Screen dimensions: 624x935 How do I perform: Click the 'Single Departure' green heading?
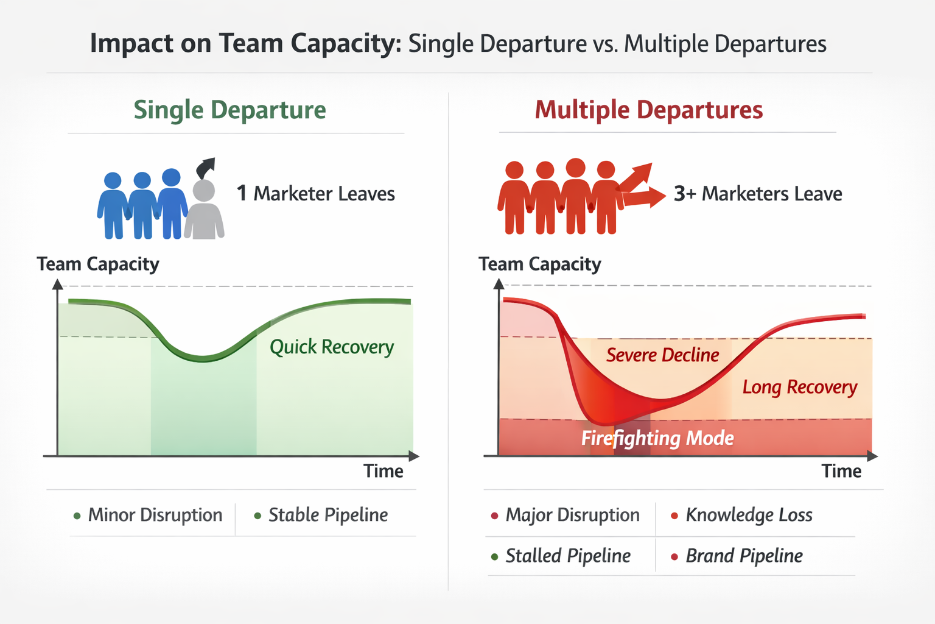tap(229, 110)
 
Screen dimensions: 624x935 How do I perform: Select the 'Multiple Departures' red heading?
tap(648, 110)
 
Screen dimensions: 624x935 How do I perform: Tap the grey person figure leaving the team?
tap(204, 210)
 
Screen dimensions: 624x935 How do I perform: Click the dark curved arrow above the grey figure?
tap(205, 167)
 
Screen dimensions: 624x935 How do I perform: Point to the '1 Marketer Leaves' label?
tap(315, 194)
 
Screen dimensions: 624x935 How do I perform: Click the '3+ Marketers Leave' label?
tap(758, 194)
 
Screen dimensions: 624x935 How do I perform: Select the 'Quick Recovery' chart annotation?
tap(332, 347)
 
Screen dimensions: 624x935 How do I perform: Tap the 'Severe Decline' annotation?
tap(662, 355)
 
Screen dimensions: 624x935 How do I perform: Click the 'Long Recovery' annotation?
tap(799, 387)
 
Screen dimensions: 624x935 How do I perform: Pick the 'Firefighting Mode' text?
tap(657, 438)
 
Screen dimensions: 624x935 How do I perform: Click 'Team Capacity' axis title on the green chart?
tap(98, 264)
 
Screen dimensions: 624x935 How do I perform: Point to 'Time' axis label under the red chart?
tap(841, 471)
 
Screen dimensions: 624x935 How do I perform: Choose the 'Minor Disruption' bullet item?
tap(155, 515)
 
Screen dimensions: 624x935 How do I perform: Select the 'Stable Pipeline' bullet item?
tap(327, 515)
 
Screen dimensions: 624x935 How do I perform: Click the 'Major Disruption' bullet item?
tap(572, 515)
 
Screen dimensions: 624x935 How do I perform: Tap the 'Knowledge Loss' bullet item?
tap(749, 515)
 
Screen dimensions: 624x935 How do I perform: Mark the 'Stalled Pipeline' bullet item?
tap(567, 556)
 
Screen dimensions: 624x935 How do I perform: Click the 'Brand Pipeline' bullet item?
tap(744, 556)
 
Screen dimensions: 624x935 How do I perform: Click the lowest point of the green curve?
tap(203, 358)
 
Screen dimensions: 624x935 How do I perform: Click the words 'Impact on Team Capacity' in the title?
tap(246, 44)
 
